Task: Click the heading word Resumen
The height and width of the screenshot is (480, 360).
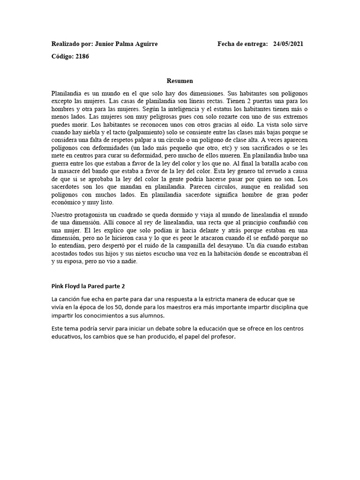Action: (x=180, y=81)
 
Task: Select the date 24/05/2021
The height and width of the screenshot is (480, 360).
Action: (x=288, y=44)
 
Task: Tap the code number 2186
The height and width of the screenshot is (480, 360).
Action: (x=82, y=57)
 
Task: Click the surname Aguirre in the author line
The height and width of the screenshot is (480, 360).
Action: (x=145, y=44)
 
